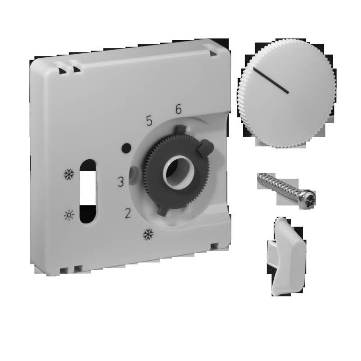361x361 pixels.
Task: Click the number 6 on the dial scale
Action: [178, 109]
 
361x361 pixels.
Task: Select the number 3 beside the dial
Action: [120, 182]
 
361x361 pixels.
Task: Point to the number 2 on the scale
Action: [128, 213]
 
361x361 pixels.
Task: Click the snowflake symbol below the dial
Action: [147, 234]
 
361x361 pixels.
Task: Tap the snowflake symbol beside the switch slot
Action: [69, 174]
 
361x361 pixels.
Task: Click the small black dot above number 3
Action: [127, 148]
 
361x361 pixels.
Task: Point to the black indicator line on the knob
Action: [271, 81]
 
